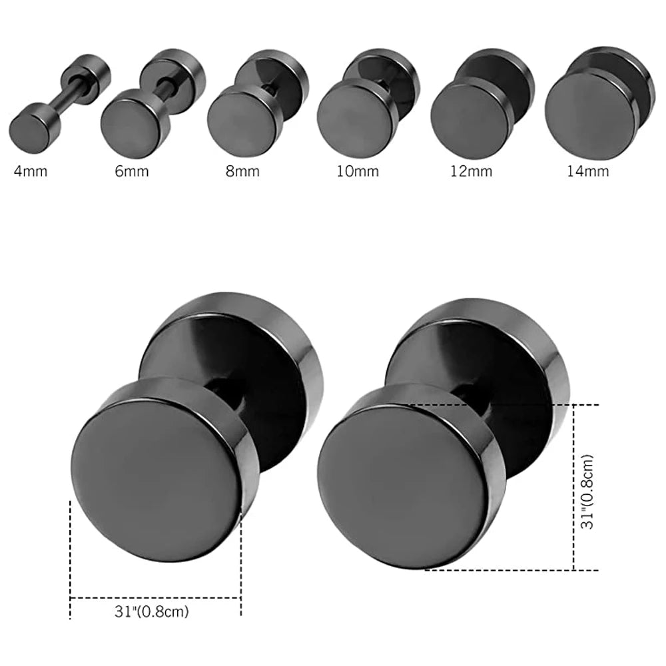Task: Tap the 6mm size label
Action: pyautogui.click(x=132, y=171)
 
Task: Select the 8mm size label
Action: pyautogui.click(x=242, y=171)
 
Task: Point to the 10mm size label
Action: pyautogui.click(x=358, y=171)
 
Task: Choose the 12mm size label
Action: pyautogui.click(x=472, y=171)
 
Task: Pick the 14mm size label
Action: pyautogui.click(x=588, y=171)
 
